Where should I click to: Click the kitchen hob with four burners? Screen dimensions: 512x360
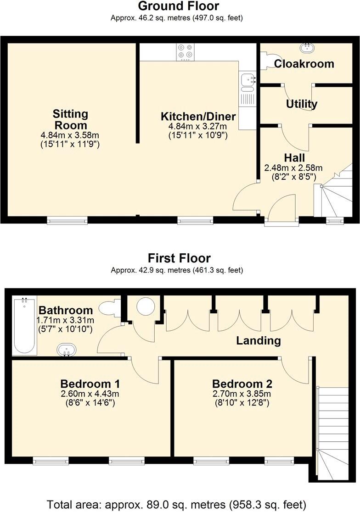[x=186, y=51]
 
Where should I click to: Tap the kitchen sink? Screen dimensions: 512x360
[x=248, y=79]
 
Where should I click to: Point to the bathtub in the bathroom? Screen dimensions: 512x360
[x=25, y=326]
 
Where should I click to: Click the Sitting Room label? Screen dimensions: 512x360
[x=70, y=119]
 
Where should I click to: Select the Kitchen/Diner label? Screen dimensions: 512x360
[x=198, y=116]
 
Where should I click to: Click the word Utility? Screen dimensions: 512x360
[x=301, y=104]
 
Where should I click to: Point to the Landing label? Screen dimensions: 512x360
[x=258, y=340]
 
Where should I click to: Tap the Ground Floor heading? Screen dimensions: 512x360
[x=179, y=6]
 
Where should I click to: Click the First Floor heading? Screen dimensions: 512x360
[x=179, y=258]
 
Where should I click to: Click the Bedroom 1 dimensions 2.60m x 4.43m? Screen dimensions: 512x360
[x=90, y=394]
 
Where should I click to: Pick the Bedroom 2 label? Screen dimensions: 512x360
[x=242, y=384]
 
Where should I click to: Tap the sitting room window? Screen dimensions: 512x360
[x=67, y=221]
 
